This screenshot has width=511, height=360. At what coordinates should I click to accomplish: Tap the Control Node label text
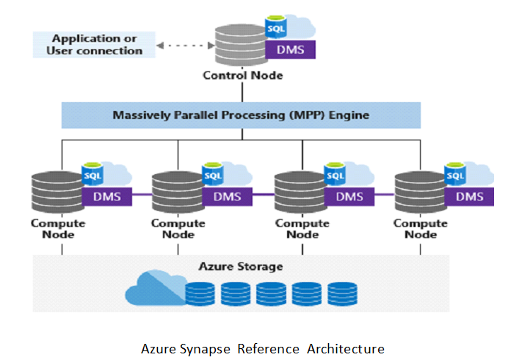click(243, 75)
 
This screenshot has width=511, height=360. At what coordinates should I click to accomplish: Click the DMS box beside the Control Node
click(291, 50)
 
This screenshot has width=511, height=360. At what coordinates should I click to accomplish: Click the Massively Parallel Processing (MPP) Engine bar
click(241, 115)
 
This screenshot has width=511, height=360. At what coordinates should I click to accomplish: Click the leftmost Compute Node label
click(58, 228)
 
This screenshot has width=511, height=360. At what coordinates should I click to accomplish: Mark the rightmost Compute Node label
click(421, 228)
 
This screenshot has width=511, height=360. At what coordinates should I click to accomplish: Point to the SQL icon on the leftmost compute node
click(92, 176)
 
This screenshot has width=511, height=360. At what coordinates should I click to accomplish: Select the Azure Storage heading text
click(241, 266)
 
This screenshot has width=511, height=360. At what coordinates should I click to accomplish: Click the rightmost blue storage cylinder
click(343, 294)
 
